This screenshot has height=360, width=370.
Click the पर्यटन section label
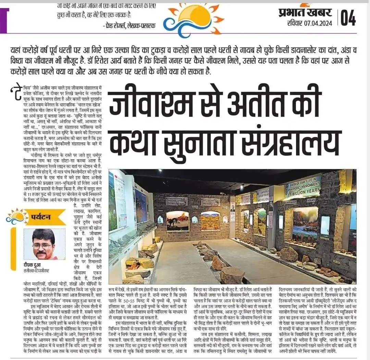tap(42, 218)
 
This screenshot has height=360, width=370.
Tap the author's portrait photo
tap(44, 244)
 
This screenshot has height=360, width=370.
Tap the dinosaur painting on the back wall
tap(177, 221)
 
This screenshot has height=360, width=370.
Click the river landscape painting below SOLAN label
tap(305, 223)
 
